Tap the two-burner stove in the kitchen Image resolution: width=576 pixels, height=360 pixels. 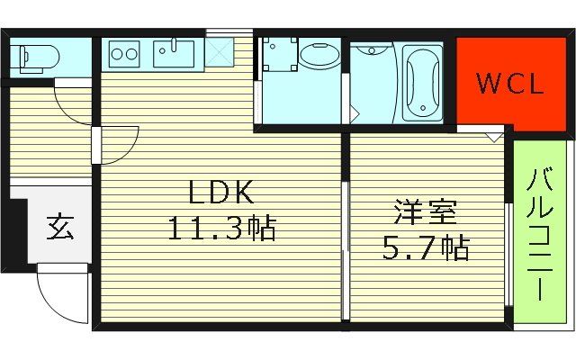[x=124, y=55]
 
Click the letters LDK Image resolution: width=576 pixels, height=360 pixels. [x=220, y=192]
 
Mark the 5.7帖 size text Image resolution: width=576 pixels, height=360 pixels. [x=427, y=247]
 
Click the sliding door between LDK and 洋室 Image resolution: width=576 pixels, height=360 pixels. [x=346, y=243]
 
